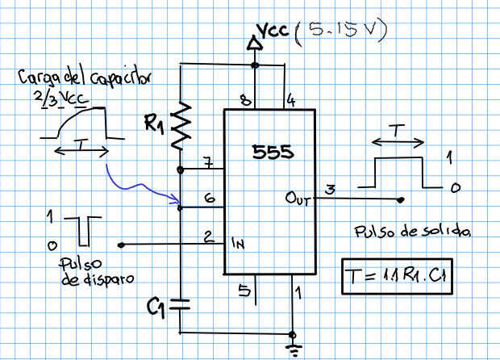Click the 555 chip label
pos(273,153)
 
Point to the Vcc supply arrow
pos(255,44)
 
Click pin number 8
pos(244,100)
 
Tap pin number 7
pos(208,164)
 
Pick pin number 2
pos(208,237)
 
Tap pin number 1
pos(299,289)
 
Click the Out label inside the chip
pos(296,197)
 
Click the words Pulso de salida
pos(410,232)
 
